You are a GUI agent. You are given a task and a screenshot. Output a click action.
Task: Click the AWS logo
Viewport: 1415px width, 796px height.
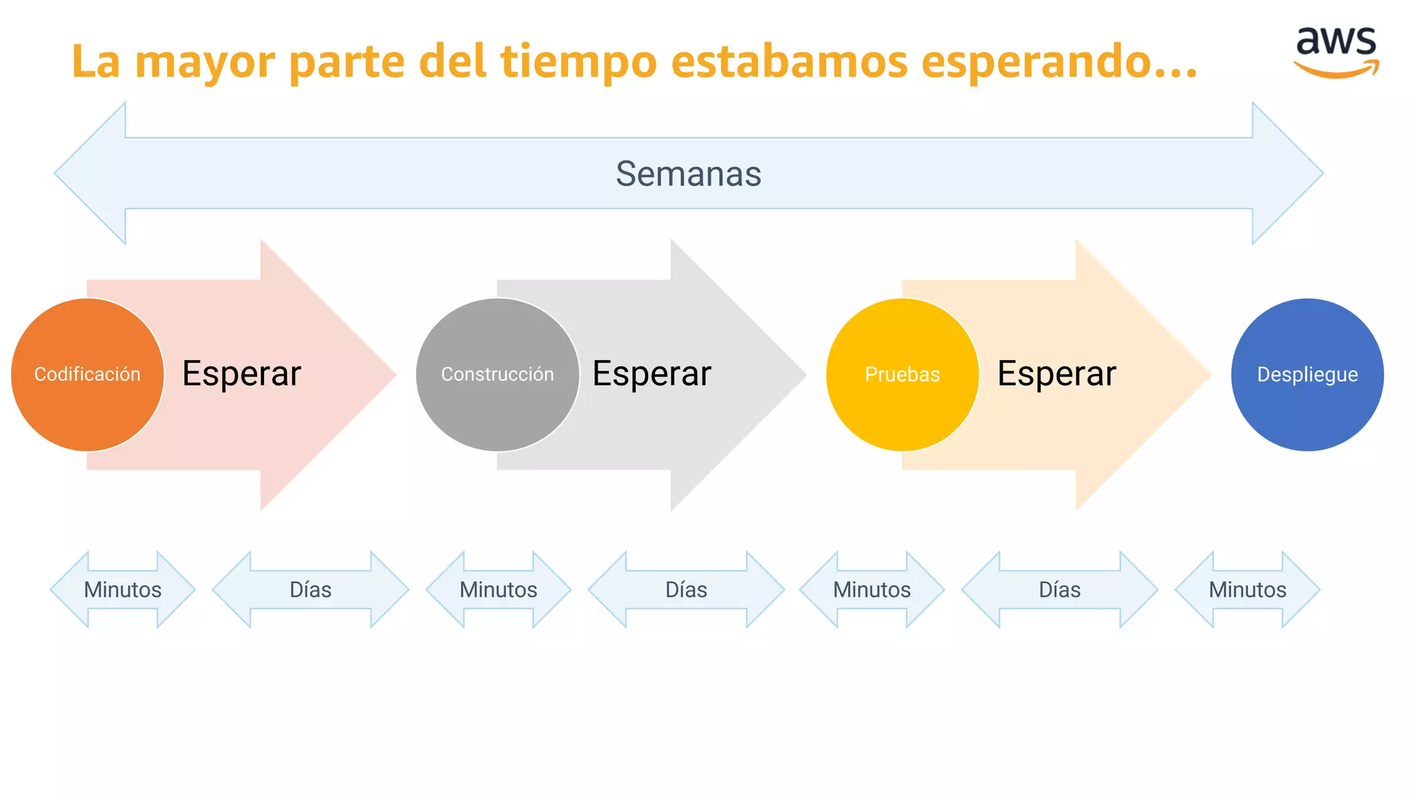(x=1336, y=52)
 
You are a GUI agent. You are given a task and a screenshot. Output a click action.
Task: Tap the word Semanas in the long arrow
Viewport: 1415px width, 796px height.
(x=688, y=173)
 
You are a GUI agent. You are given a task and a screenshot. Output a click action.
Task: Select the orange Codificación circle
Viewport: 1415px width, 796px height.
(x=87, y=375)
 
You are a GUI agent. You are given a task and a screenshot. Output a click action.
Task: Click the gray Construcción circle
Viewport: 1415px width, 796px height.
(x=497, y=375)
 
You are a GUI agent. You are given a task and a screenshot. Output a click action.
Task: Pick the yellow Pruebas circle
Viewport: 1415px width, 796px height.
(x=902, y=375)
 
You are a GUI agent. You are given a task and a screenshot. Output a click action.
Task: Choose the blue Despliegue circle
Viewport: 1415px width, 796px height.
(x=1307, y=375)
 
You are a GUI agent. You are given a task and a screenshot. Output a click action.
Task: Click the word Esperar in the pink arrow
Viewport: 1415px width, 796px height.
(x=242, y=374)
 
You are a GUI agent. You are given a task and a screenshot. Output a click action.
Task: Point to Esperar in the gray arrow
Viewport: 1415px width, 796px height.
(x=652, y=374)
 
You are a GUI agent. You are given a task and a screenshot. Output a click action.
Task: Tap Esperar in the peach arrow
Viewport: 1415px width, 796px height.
(x=1056, y=374)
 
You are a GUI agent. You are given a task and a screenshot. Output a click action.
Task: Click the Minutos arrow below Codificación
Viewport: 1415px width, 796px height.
(x=123, y=589)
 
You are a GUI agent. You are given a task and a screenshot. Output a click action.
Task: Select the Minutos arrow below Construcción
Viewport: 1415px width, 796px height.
(x=498, y=589)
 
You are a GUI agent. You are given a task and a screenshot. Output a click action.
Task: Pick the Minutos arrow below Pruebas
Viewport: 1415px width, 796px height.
(x=872, y=589)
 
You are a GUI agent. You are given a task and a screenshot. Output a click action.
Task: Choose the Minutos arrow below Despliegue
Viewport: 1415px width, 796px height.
(x=1247, y=589)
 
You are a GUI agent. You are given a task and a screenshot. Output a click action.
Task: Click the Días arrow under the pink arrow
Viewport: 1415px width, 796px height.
(x=310, y=589)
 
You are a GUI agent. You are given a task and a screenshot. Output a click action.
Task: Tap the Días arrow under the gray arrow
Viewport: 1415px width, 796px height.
(x=686, y=589)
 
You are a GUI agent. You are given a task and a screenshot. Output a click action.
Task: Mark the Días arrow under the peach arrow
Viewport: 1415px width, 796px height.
(x=1060, y=589)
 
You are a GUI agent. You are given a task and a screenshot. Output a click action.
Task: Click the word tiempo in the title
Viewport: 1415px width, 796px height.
(x=578, y=62)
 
